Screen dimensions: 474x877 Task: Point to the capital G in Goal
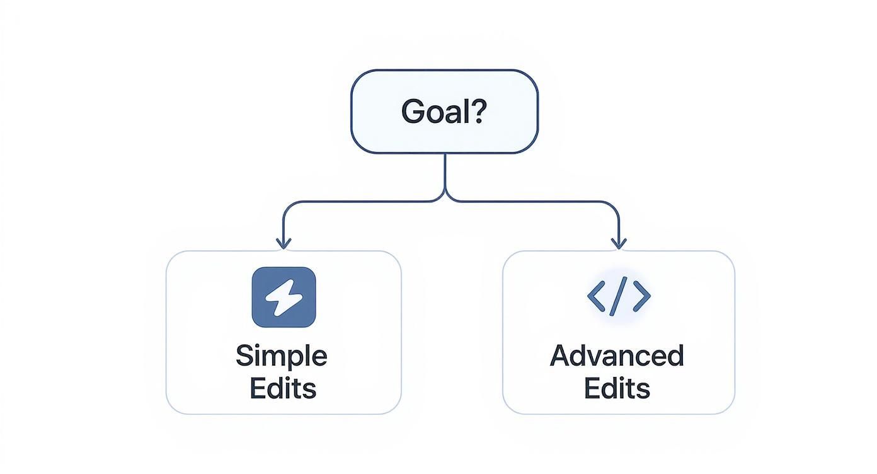click(412, 112)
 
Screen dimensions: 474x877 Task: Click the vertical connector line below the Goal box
click(445, 170)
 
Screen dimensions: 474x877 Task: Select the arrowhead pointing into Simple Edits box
click(284, 243)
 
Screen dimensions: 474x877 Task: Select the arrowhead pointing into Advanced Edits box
click(619, 243)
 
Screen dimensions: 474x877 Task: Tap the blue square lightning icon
click(284, 297)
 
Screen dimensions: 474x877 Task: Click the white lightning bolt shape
click(284, 297)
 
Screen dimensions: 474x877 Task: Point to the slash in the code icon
click(619, 296)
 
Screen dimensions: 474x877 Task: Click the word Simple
click(282, 357)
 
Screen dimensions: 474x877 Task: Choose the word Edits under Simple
click(283, 388)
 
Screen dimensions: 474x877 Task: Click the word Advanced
click(617, 356)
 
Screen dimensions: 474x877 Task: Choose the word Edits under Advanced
click(617, 388)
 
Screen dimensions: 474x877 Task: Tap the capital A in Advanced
click(561, 356)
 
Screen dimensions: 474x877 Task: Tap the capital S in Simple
click(243, 356)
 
